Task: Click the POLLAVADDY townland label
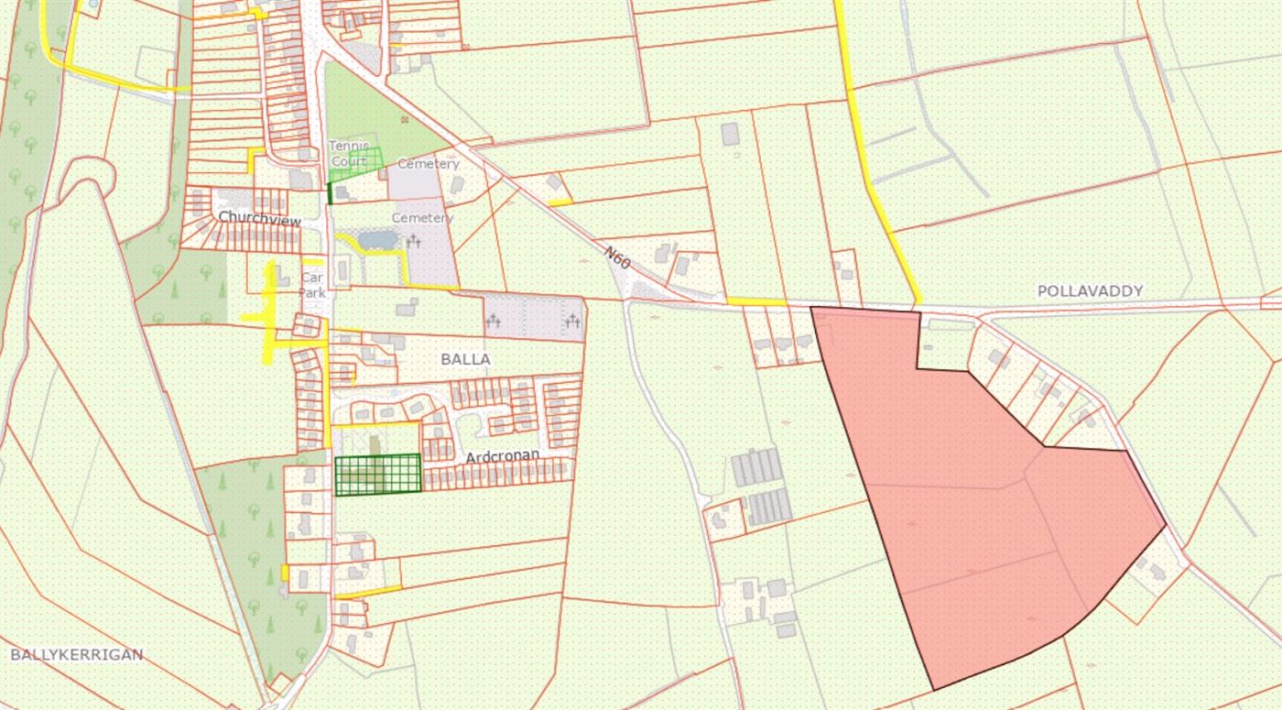tap(1090, 290)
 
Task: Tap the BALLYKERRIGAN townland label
tap(77, 654)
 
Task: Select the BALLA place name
tap(465, 359)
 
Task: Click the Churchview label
tap(259, 216)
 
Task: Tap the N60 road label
tap(618, 257)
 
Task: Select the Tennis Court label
tap(349, 154)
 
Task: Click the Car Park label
tap(312, 285)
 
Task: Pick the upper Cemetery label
tap(428, 164)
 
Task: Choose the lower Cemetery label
tap(422, 218)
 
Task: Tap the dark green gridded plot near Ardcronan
tap(377, 475)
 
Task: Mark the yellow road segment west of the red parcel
tap(756, 301)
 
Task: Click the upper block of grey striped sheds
tap(756, 468)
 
